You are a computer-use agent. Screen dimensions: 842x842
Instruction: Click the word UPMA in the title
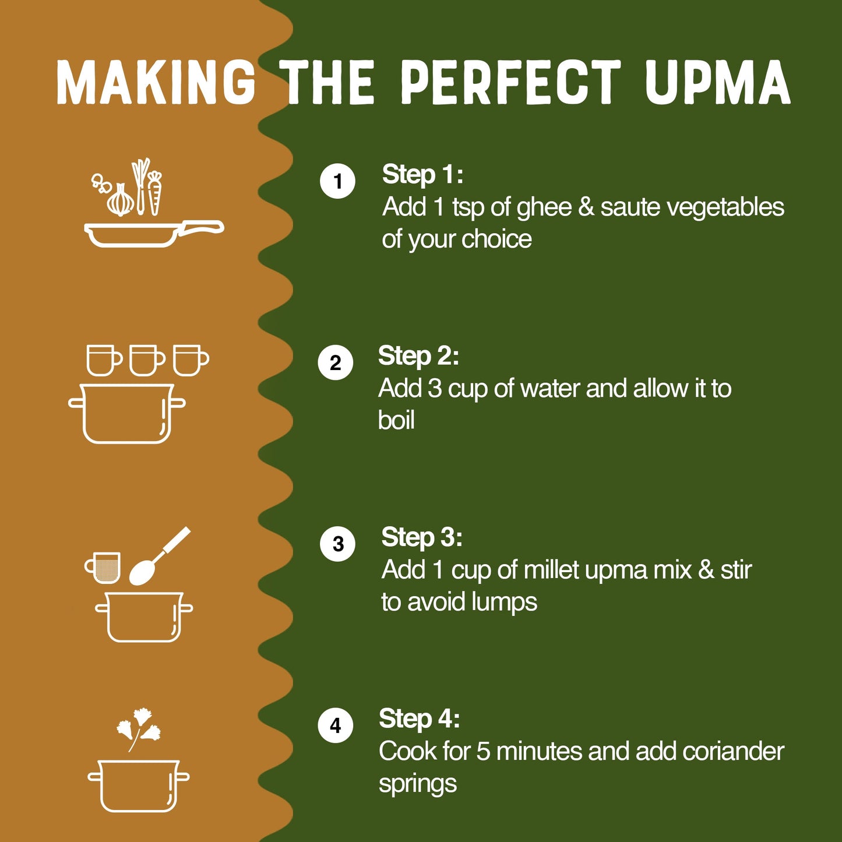pyautogui.click(x=717, y=83)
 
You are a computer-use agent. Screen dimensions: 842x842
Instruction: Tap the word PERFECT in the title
pyautogui.click(x=511, y=83)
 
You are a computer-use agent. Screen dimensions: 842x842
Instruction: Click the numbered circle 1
pyautogui.click(x=338, y=181)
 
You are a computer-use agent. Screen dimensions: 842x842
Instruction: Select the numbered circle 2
pyautogui.click(x=336, y=362)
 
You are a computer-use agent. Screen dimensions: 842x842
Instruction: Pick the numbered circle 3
pyautogui.click(x=338, y=544)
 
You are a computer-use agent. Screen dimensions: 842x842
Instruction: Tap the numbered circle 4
pyautogui.click(x=336, y=725)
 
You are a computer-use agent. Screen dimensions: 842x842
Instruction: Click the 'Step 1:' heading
pyautogui.click(x=422, y=174)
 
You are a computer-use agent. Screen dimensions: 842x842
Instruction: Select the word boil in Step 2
pyautogui.click(x=396, y=420)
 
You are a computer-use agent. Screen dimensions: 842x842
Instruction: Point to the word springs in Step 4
pyautogui.click(x=417, y=784)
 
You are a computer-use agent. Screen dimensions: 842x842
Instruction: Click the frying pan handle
pyautogui.click(x=200, y=227)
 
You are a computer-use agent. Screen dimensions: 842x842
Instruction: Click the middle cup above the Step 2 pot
pyautogui.click(x=146, y=360)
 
